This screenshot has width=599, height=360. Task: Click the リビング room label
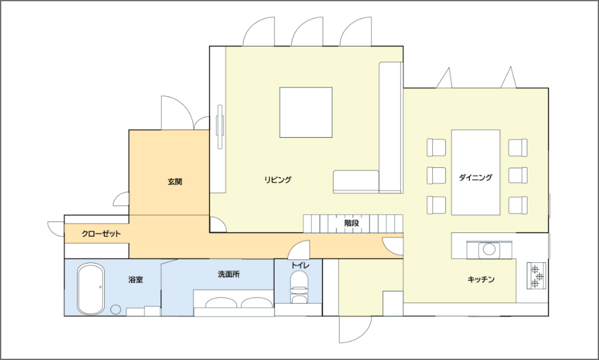pyautogui.click(x=278, y=179)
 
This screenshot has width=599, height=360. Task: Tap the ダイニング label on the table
pyautogui.click(x=475, y=177)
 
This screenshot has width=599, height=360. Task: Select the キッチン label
pyautogui.click(x=481, y=280)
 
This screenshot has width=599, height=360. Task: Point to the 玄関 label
pyautogui.click(x=175, y=182)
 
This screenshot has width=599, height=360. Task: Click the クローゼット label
pyautogui.click(x=102, y=234)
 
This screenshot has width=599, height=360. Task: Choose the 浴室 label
pyautogui.click(x=135, y=280)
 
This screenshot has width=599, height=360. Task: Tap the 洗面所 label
pyautogui.click(x=229, y=274)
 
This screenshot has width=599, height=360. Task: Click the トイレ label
pyautogui.click(x=300, y=265)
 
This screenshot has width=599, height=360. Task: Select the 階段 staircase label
pyautogui.click(x=351, y=223)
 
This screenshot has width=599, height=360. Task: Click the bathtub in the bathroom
pyautogui.click(x=91, y=289)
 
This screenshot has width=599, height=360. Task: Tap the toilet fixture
pyautogui.click(x=299, y=287)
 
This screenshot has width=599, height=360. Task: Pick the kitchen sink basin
pyautogui.click(x=489, y=250)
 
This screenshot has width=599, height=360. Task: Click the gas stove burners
pyautogui.click(x=536, y=275)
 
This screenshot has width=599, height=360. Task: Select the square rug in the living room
pyautogui.click(x=306, y=112)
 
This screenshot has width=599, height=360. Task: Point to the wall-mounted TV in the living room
pyautogui.click(x=220, y=126)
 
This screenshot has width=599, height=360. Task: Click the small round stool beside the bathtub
pyautogui.click(x=116, y=309)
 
